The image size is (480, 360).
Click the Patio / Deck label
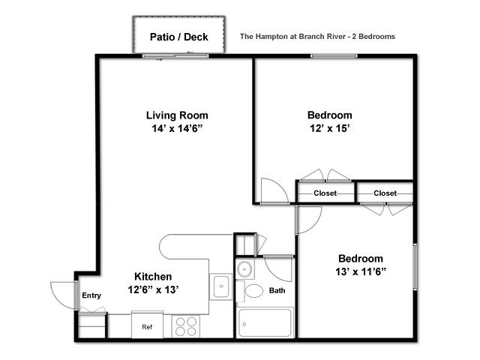[x=178, y=37]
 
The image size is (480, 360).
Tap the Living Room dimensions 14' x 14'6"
[x=178, y=128]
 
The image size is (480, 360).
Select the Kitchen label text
[x=153, y=277]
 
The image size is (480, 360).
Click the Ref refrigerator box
[x=147, y=325]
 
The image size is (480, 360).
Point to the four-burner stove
[x=186, y=326]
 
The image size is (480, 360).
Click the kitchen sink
[x=221, y=286]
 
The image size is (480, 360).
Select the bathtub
[x=265, y=322]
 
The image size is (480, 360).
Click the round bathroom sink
[x=244, y=269]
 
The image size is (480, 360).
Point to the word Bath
[x=277, y=290]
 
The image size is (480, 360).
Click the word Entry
[x=91, y=295]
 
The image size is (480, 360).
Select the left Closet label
[x=325, y=193]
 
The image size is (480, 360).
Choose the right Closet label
[x=385, y=193]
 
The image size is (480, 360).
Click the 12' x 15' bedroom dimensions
[x=330, y=128]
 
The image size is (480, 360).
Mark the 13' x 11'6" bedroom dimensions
[x=361, y=271]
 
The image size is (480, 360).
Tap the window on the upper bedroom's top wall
[x=334, y=56]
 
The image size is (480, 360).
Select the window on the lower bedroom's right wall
[x=415, y=267]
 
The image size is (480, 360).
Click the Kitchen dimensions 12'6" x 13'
[x=153, y=289]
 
